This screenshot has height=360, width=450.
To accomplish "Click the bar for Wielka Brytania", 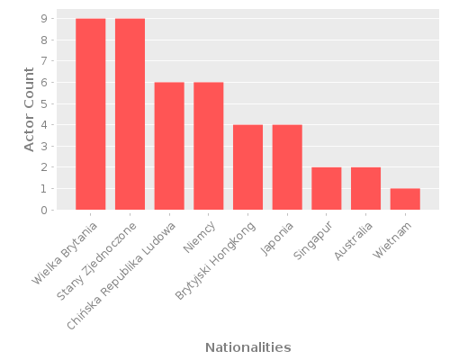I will pos(90,114).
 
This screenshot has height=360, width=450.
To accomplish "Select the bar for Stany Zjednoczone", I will pos(130,114).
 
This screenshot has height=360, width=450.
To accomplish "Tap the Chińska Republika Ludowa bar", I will pos(169,147).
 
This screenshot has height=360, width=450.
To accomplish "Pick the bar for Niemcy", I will pos(208,147).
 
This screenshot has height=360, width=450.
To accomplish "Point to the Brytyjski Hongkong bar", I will pos(247,167).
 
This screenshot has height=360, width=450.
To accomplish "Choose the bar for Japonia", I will pos(287,167).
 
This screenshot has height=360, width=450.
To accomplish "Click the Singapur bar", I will pos(326,189).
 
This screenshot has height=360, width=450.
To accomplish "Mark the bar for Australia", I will pos(365,189).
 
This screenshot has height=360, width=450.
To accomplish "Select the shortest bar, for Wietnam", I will pos(405,200).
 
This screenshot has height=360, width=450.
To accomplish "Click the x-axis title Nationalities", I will pos(247,347).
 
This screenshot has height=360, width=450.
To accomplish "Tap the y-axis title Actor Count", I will pos(29,109).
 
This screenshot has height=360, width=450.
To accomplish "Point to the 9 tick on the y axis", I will pos(43,19).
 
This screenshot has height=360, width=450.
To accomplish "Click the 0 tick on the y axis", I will pos(43,211).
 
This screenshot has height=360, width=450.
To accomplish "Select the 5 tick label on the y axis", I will pos(43,104).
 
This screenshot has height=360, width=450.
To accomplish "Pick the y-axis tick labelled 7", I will pos(43,61).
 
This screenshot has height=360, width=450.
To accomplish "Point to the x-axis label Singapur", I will pos(312,240).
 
